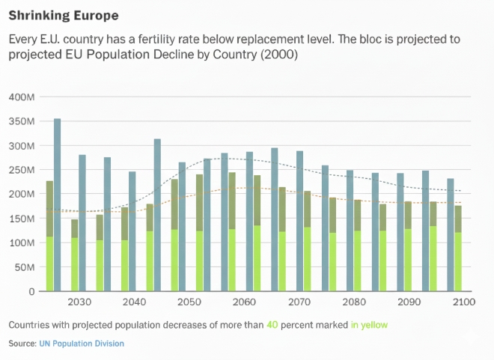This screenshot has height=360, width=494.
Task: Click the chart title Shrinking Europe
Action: coord(63,15)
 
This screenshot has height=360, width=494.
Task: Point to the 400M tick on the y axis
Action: coord(22,97)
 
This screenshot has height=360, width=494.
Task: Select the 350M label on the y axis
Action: coord(22,121)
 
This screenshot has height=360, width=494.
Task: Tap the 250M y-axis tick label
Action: coord(22,170)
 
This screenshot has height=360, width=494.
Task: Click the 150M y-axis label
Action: coord(22,219)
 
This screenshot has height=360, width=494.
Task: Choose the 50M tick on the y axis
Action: coord(25,267)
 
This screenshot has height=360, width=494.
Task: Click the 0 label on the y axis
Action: coord(32,291)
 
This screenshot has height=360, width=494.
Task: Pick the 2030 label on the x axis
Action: coord(79,302)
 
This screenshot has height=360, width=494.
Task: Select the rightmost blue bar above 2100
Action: coord(451,234)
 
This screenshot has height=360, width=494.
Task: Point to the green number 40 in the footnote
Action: coord(273,325)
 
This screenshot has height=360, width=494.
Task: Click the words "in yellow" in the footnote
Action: coord(370,325)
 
